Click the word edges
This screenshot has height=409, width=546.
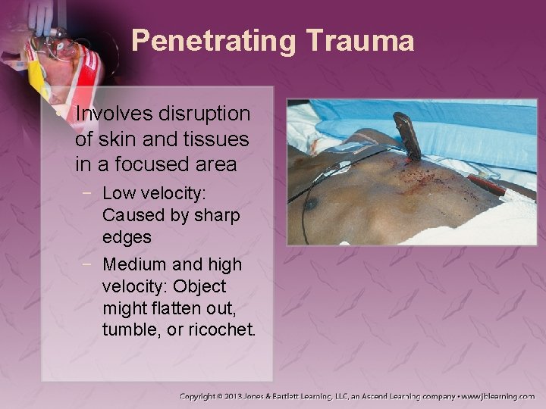pos(127,237)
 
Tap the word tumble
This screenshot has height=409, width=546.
pos(129,331)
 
